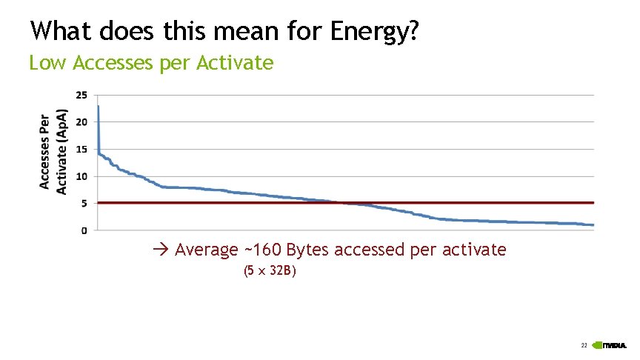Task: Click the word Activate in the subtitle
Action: tap(236, 64)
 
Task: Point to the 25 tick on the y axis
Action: tap(81, 95)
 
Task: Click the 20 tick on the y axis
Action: tap(81, 121)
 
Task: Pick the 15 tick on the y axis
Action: tap(81, 149)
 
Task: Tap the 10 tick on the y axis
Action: tap(81, 176)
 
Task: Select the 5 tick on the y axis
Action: tap(84, 203)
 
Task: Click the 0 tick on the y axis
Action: tap(84, 230)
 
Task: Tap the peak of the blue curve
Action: tap(99, 107)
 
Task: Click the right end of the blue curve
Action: tap(593, 225)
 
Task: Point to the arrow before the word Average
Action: tap(162, 250)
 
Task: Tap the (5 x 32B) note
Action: tap(270, 272)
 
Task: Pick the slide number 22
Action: tap(584, 346)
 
